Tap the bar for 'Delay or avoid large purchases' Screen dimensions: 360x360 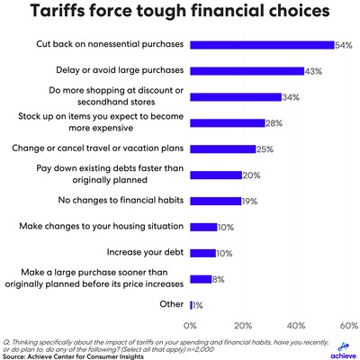coord(247,70)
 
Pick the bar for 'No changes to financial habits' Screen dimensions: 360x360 coord(215,201)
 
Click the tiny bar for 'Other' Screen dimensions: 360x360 coord(192,305)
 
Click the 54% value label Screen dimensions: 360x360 coord(343,44)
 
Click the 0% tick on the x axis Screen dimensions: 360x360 coord(190,324)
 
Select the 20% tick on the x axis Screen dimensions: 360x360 coord(243,324)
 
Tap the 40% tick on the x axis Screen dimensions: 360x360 coord(295,324)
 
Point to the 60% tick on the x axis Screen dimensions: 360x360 coord(346,324)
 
